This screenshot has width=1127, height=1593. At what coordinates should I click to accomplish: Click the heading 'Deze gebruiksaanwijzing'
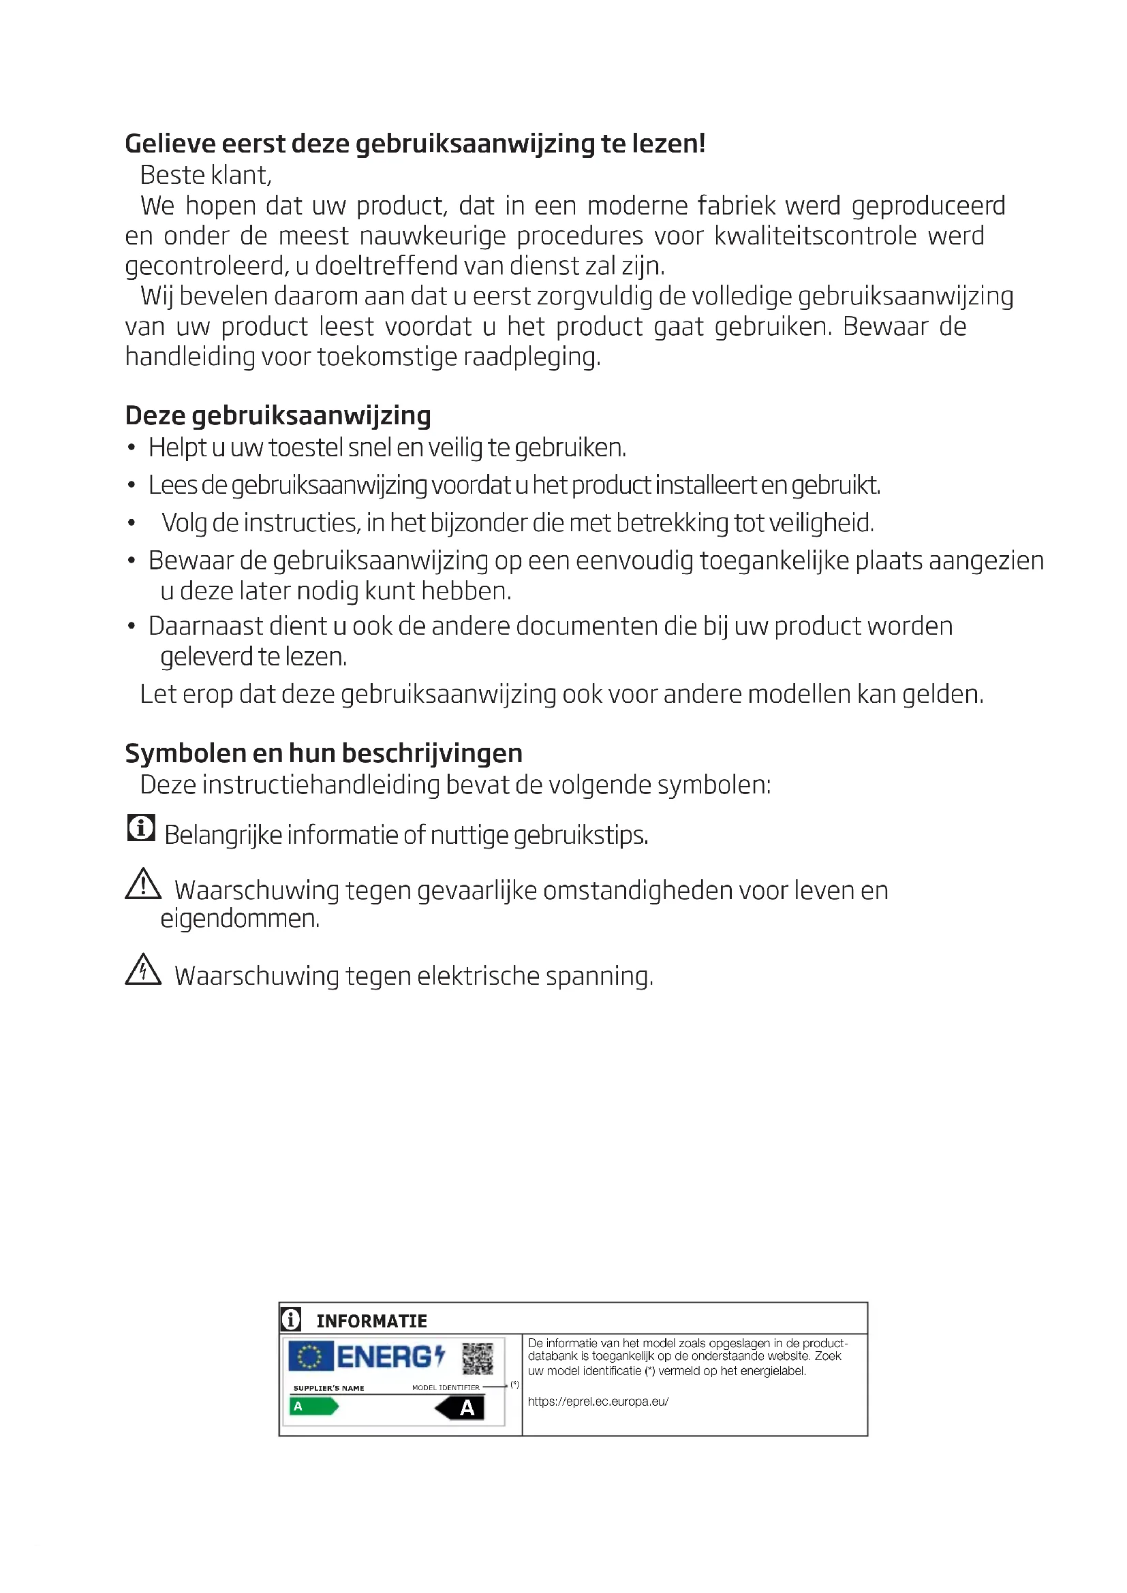pos(277,415)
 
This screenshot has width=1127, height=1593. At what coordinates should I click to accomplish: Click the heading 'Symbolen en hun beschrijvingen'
pos(324,753)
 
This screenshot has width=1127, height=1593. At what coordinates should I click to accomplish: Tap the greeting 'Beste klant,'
pos(205,176)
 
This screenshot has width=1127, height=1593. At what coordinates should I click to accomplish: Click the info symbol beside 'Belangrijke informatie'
pos(141,827)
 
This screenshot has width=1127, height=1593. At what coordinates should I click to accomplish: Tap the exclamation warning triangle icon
pos(143,884)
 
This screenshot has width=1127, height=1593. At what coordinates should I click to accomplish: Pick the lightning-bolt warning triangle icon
pos(143,970)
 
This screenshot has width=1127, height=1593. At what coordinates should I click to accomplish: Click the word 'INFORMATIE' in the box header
pos(371,1321)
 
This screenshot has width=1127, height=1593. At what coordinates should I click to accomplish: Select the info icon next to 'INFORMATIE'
pos(291,1319)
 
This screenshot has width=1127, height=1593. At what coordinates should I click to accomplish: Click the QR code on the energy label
pos(478,1359)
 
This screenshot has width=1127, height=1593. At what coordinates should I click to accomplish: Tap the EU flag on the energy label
pos(309,1357)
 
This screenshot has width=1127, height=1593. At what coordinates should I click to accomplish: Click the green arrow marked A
pos(313,1407)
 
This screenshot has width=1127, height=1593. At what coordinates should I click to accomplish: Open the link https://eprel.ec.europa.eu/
pos(598,1401)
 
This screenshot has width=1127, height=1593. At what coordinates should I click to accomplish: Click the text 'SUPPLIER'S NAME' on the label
pos(328,1388)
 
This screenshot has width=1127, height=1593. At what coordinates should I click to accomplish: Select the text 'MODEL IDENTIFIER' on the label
pos(446,1387)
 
